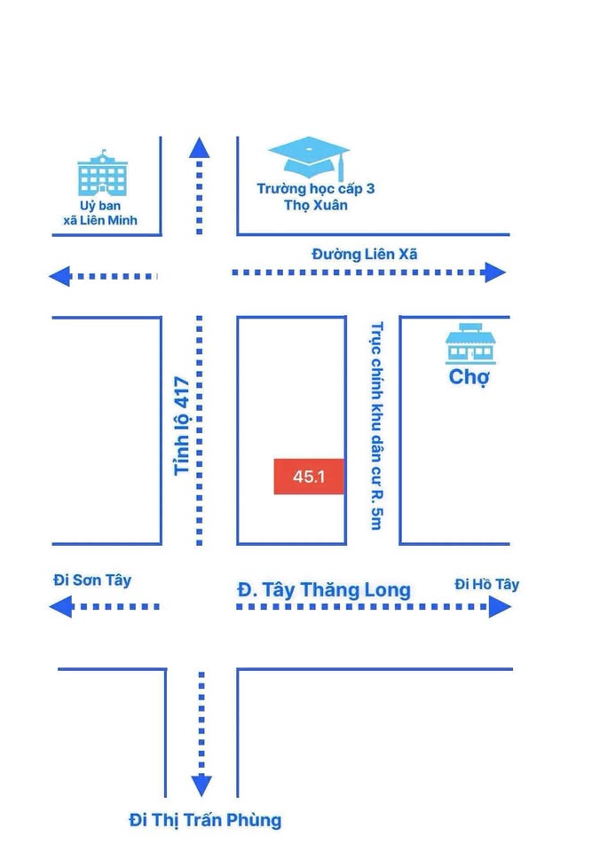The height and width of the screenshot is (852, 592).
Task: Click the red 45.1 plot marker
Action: (x=309, y=477)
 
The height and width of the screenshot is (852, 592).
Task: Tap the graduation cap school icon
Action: (x=309, y=159)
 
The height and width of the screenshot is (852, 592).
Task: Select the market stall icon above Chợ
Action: (x=470, y=343)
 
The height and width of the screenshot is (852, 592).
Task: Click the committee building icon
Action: (x=103, y=174)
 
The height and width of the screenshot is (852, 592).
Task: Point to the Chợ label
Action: (x=470, y=377)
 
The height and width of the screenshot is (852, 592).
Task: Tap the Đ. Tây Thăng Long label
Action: (x=324, y=589)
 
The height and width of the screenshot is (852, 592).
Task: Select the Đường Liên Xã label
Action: (x=364, y=254)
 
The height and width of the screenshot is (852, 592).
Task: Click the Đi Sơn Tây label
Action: (x=92, y=580)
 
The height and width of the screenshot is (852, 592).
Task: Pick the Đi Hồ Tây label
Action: (x=486, y=584)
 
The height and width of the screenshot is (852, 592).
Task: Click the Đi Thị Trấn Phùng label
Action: (x=204, y=820)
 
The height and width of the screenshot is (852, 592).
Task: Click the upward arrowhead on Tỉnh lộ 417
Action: (x=200, y=148)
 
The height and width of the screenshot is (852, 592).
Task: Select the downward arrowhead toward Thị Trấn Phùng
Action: (x=201, y=785)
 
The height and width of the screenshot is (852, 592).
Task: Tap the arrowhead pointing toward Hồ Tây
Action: (x=500, y=607)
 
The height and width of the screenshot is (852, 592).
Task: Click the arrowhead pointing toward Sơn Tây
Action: (x=59, y=607)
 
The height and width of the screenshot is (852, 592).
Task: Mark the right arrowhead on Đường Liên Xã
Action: (x=494, y=272)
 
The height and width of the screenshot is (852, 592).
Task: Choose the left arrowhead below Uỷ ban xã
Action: (x=59, y=276)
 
